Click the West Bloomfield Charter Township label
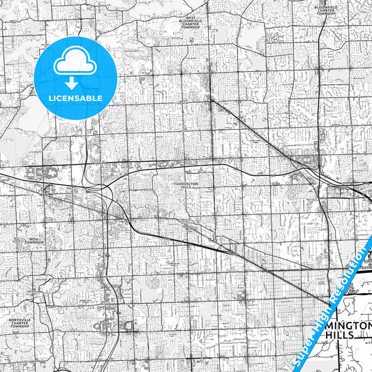tap(190, 23)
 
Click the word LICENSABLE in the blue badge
tap(75, 98)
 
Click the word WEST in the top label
tap(190, 17)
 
